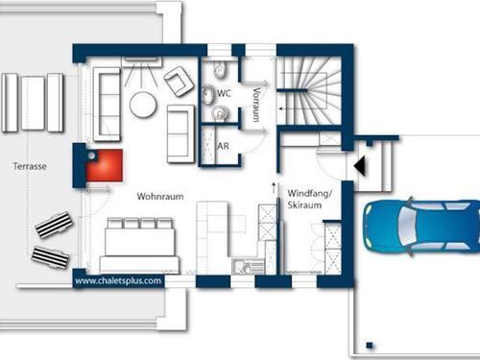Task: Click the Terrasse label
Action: coord(30,166)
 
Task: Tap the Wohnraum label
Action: coord(160,196)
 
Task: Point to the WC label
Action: coord(224,93)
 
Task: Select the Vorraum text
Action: coord(256,105)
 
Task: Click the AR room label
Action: coord(223,146)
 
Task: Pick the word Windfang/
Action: coord(310,194)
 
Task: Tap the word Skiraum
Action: coord(304,205)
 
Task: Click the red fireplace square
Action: coord(105,165)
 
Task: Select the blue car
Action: coord(421,227)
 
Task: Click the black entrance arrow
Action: coord(360,166)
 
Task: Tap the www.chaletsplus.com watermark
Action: coord(118,281)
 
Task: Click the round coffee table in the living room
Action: coord(143,105)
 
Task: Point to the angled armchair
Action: coord(179,82)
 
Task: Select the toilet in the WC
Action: coord(220,70)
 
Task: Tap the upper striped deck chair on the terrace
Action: coord(54,225)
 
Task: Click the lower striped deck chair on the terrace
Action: coord(50,256)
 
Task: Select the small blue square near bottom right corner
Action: coord(370,346)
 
